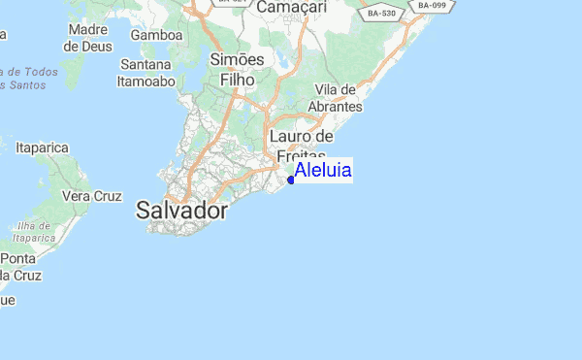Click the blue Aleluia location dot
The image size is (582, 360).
click(291, 180)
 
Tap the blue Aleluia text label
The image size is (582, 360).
click(323, 171)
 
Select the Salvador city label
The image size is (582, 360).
click(182, 211)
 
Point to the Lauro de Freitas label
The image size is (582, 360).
click(302, 147)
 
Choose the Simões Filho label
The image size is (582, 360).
click(237, 70)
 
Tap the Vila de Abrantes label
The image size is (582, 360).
click(337, 98)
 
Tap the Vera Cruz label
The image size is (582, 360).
click(92, 196)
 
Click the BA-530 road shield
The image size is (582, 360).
click(382, 15)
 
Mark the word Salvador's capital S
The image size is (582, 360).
click(144, 211)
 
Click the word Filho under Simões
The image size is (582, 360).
click(237, 81)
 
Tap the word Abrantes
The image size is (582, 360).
click(337, 107)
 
